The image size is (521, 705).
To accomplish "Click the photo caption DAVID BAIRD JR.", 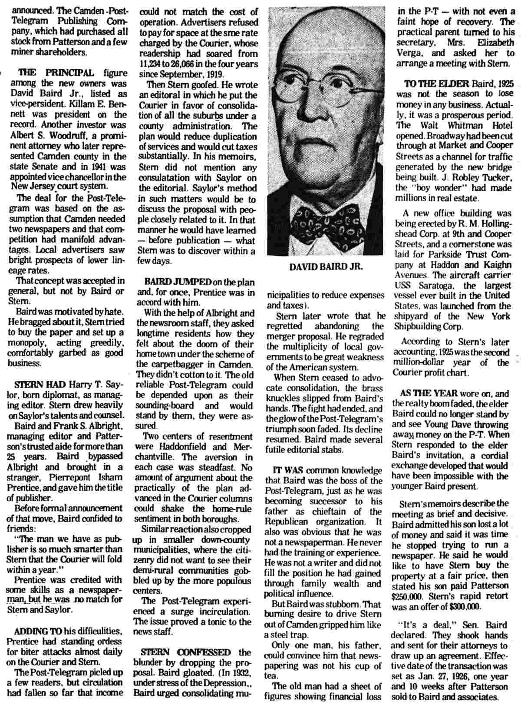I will tap(325, 267).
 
